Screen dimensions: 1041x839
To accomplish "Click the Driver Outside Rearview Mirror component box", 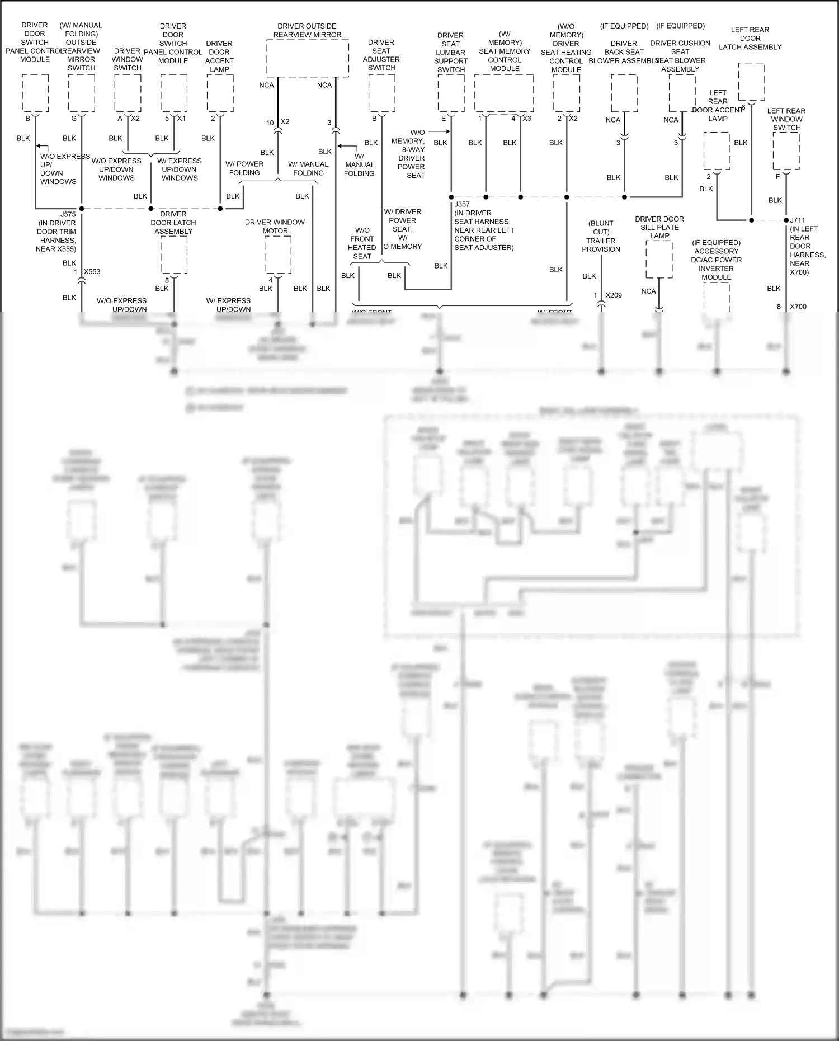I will (308, 58).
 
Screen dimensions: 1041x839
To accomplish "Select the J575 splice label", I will (68, 214).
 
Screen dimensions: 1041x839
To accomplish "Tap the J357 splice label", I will (462, 204).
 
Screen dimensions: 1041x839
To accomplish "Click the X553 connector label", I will (92, 272).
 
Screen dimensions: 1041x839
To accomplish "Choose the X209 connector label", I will (614, 295).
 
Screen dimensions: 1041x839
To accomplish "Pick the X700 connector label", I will (798, 307).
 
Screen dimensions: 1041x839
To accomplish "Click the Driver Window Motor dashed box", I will (277, 255).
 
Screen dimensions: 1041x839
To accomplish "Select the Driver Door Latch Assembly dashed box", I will (174, 255).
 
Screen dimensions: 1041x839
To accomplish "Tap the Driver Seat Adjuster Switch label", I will (381, 55).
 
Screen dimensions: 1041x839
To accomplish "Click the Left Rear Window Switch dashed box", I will (786, 150).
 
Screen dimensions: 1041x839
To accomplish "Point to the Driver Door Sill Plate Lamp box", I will (659, 259).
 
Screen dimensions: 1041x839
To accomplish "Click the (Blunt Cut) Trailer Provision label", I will (601, 236).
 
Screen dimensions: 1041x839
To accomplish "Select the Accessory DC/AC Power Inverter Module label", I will (716, 260).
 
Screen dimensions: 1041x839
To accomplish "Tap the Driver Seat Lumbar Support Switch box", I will (451, 92).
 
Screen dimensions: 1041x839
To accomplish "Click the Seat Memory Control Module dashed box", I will (504, 92).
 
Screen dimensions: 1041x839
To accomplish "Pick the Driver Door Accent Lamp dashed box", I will (220, 92).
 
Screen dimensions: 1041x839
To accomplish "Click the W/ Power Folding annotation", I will (244, 168).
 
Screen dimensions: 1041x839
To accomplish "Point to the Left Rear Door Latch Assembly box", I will (751, 81).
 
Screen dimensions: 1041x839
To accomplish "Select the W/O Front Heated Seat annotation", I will (362, 243).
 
